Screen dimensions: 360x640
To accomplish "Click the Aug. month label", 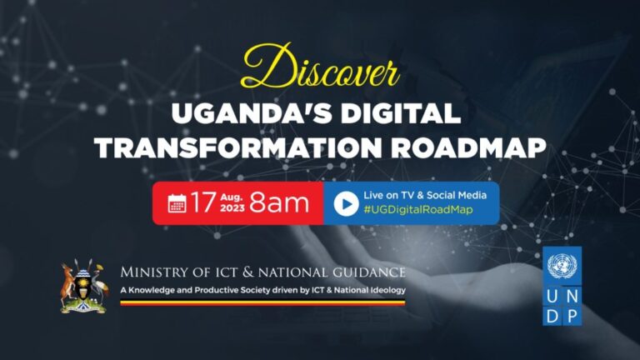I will tap(232, 195).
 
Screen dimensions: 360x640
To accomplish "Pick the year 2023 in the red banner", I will tap(232, 209).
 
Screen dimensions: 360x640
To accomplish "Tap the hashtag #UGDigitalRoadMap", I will tap(418, 210).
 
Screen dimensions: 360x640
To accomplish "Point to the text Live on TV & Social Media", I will tap(424, 195).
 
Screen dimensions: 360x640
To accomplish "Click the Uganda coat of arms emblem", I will tap(84, 287).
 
